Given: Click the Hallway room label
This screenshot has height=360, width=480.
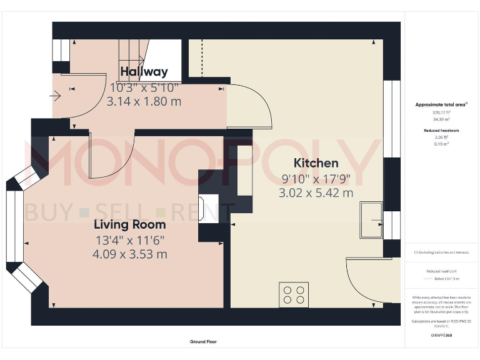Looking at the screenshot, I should (144, 72).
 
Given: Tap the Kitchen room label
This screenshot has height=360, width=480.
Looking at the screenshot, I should (316, 163).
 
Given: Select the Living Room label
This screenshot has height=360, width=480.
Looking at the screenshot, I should (130, 224).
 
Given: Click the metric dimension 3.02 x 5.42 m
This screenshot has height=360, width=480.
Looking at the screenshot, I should (316, 193).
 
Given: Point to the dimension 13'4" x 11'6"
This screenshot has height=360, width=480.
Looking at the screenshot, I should (130, 239).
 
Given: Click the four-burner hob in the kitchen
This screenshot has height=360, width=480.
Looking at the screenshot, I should (293, 294).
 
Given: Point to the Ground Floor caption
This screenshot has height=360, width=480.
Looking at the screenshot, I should (204, 342).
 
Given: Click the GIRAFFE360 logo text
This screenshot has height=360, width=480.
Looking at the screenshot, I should (441, 336).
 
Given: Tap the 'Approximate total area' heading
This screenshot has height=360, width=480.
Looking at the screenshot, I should (441, 104).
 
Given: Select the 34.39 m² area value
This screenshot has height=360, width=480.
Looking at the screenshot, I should (441, 118).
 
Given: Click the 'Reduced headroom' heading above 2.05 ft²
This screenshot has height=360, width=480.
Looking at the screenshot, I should (441, 130).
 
